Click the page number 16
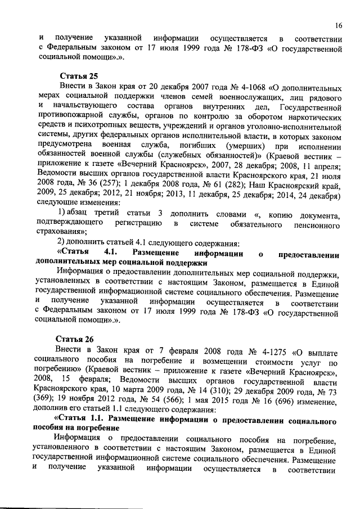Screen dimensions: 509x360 [x=338, y=25]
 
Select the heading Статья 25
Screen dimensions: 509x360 [x=77, y=76]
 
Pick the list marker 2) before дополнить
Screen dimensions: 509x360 [x=64, y=244]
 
